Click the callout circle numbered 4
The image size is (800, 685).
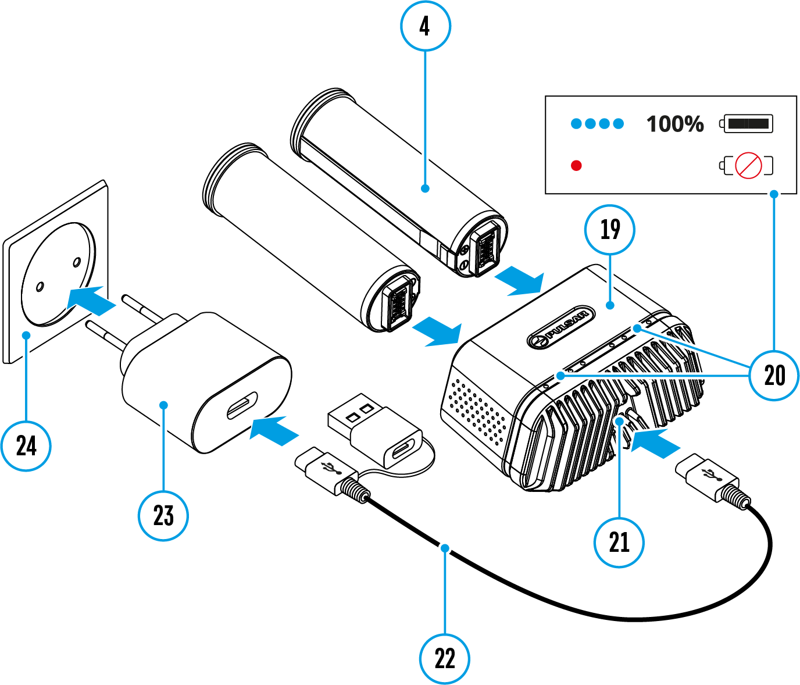coord(426,26)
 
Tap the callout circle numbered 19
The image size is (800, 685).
coord(609,230)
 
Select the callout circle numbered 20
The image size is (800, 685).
coord(774,375)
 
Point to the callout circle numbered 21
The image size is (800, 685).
coord(619,542)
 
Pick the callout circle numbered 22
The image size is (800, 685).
coord(445,658)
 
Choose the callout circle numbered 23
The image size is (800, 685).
coord(163,515)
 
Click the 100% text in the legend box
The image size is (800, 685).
coord(675,124)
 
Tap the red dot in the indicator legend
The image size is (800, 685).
coord(576,166)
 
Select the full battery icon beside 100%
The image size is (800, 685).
coord(748,123)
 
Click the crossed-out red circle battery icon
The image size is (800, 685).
coord(748,166)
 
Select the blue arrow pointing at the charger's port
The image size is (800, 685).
coord(655,443)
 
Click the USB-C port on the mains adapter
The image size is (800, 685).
coord(242,405)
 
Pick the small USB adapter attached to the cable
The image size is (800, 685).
coord(375,430)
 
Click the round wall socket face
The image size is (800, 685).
coord(58,273)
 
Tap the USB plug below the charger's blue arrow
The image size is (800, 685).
coord(707,477)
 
